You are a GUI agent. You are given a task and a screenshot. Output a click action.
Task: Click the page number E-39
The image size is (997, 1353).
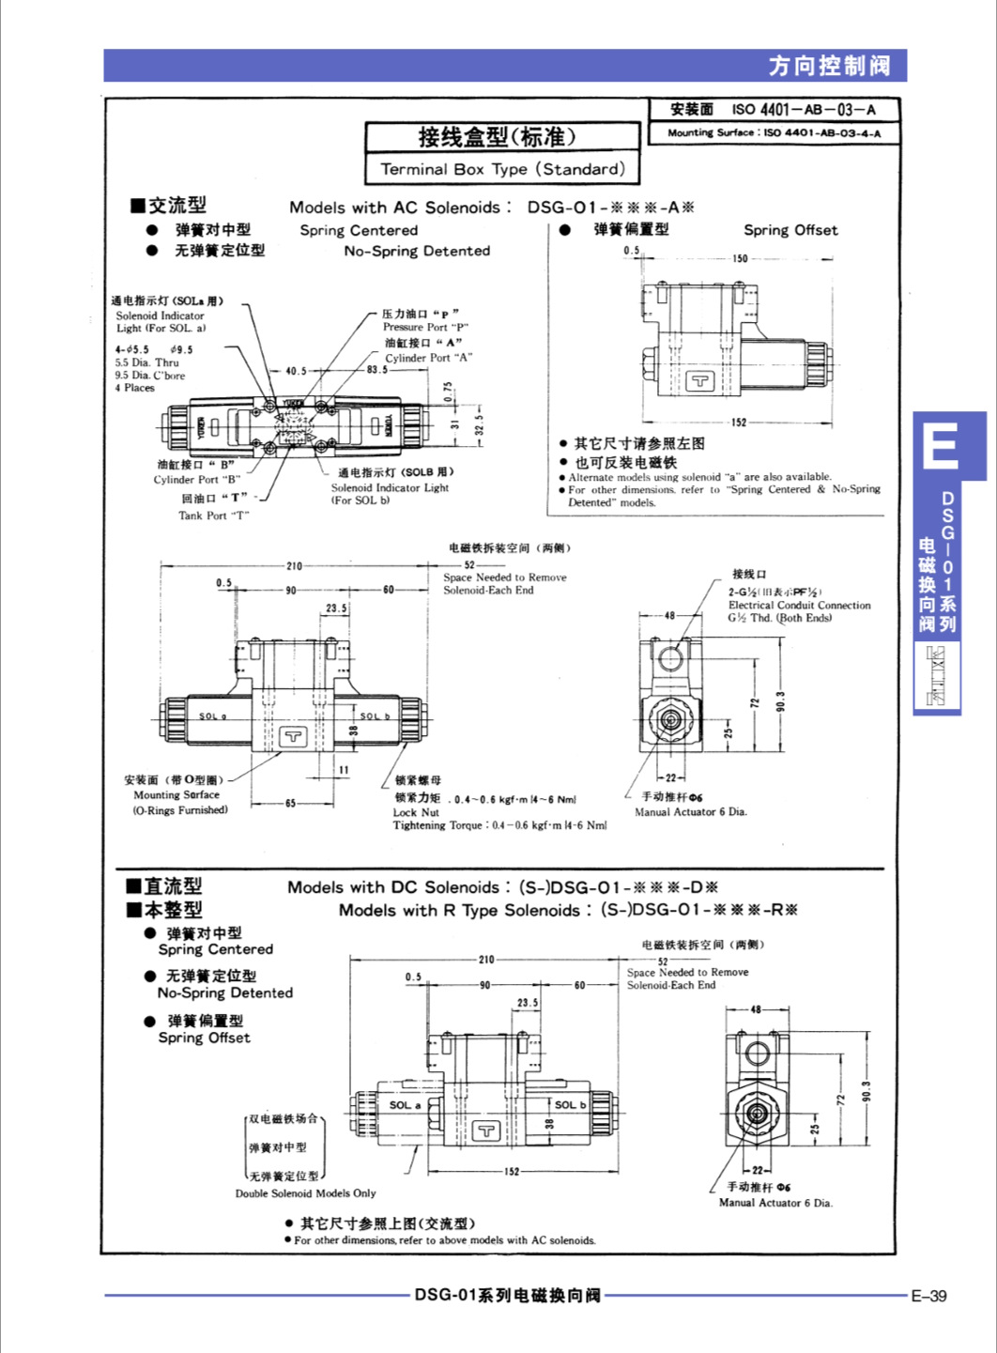pyautogui.click(x=928, y=1296)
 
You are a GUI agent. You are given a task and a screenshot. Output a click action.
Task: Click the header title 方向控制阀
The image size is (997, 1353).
pyautogui.click(x=829, y=66)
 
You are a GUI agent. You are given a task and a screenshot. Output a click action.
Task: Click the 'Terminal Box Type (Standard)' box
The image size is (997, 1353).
pyautogui.click(x=502, y=169)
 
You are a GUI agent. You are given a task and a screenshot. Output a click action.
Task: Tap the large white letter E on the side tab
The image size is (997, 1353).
pyautogui.click(x=940, y=447)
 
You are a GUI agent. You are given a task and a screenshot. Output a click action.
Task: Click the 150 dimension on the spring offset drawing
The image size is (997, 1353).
pyautogui.click(x=740, y=258)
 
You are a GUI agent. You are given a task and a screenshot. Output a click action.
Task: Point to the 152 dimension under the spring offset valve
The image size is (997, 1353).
pyautogui.click(x=739, y=423)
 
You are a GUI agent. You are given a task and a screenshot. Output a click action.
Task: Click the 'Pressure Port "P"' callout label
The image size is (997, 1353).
pyautogui.click(x=424, y=327)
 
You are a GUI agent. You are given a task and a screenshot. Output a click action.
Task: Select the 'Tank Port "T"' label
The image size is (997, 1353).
pyautogui.click(x=213, y=515)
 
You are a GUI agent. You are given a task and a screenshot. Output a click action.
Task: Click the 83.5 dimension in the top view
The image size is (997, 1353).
pyautogui.click(x=377, y=370)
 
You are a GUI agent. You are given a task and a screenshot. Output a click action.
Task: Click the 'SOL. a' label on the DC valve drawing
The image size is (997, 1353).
pyautogui.click(x=405, y=1105)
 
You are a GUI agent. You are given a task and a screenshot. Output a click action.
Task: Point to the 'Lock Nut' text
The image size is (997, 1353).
pyautogui.click(x=416, y=812)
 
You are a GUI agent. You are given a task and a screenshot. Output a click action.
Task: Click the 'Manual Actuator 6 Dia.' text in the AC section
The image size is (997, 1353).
pyautogui.click(x=690, y=811)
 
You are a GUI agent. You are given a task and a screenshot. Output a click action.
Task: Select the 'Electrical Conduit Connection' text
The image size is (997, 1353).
pyautogui.click(x=799, y=605)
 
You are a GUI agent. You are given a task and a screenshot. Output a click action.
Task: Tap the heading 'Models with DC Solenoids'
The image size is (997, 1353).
pyautogui.click(x=393, y=887)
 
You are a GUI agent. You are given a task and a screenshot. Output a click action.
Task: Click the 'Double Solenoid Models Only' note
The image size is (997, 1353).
pyautogui.click(x=305, y=1193)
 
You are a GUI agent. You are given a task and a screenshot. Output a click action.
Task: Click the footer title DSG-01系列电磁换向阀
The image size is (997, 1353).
pyautogui.click(x=507, y=1296)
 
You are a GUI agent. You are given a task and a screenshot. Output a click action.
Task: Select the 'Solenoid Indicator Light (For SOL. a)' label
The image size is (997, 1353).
pyautogui.click(x=161, y=322)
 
